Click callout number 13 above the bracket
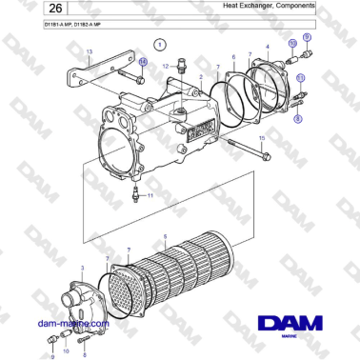click(x=90, y=51)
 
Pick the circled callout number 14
click(x=143, y=62)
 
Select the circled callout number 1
click(x=160, y=44)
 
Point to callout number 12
click(x=165, y=65)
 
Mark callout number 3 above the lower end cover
click(x=83, y=270)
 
